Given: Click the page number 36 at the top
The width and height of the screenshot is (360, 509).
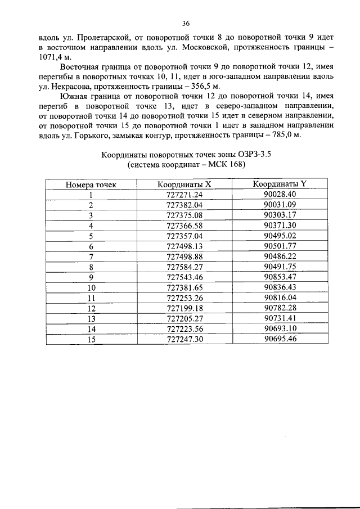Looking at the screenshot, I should point(186,23).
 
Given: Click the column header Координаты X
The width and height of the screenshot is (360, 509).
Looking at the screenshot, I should point(184,185).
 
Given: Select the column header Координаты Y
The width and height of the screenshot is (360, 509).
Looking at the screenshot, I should point(280,185).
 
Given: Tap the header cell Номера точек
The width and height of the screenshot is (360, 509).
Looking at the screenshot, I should point(90,185).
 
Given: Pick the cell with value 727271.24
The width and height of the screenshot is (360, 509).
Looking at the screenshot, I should point(184,195).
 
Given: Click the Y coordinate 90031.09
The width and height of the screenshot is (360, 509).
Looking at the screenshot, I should point(280,205).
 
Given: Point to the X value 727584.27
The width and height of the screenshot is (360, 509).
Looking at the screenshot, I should point(184,267).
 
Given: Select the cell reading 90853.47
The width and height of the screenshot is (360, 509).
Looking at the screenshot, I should point(280,277).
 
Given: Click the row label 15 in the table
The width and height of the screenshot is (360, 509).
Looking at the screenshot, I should point(90,339).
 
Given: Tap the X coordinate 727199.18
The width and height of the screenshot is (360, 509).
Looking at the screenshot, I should point(184,308).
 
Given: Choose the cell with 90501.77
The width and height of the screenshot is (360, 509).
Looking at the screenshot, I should point(280,246).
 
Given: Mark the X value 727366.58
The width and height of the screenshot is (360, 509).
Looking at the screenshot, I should point(184,226).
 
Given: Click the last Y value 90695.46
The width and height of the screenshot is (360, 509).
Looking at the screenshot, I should point(280,339).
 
